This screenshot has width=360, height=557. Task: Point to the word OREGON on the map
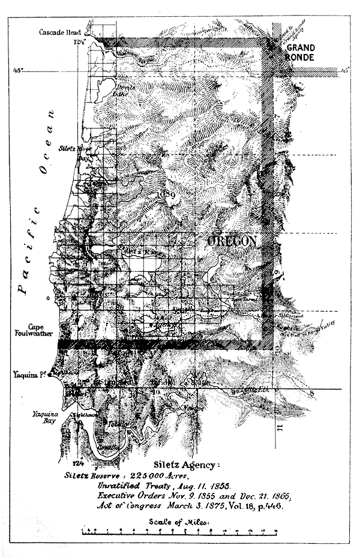click(x=232, y=241)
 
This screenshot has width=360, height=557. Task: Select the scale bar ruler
click(x=179, y=531)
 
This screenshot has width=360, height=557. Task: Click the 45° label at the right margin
click(x=345, y=71)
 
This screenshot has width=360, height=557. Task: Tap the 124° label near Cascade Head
click(x=79, y=42)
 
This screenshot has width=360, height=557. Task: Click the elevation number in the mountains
click(x=166, y=194)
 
